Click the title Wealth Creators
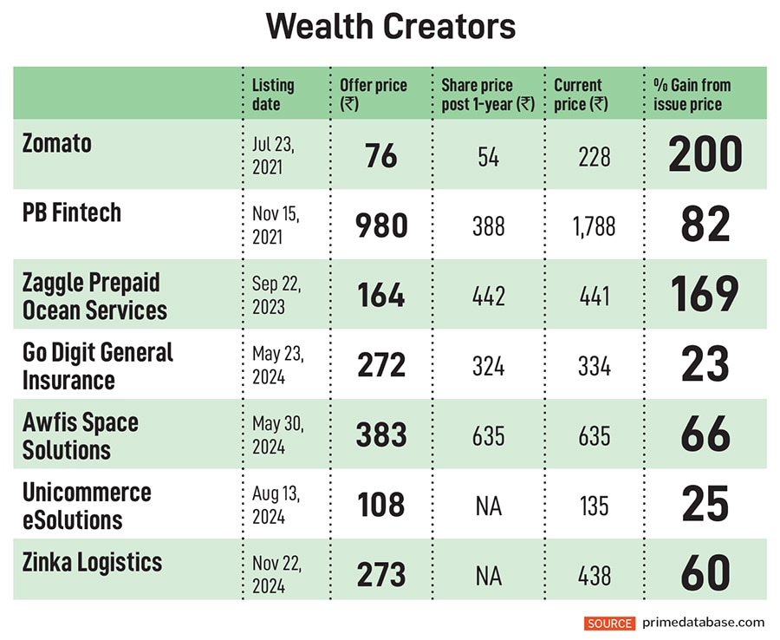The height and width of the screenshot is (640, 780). [390, 27]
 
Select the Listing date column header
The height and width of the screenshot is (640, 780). [273, 94]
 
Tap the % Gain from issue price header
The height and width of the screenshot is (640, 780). [692, 94]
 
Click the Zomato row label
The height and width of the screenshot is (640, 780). [57, 143]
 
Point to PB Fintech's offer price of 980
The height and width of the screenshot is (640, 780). [381, 225]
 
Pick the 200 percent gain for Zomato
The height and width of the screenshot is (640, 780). [705, 154]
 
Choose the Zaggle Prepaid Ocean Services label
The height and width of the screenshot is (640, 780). [94, 296]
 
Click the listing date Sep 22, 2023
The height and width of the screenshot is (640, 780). [276, 295]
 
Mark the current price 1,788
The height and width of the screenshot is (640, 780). [594, 226]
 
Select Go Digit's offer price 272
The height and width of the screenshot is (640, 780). [381, 365]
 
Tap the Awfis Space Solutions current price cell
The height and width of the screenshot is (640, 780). [594, 435]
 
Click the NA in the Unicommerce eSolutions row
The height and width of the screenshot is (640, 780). [489, 506]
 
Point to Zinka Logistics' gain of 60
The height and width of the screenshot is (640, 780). [705, 575]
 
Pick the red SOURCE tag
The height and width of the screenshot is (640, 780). [609, 623]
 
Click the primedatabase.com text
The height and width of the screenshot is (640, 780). [704, 623]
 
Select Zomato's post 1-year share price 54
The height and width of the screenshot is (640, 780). [489, 156]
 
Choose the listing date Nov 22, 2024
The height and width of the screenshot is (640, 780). [277, 575]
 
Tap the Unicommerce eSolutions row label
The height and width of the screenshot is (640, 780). [87, 506]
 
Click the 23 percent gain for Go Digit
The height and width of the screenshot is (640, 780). [705, 365]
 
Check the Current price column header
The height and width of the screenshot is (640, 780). [581, 94]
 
